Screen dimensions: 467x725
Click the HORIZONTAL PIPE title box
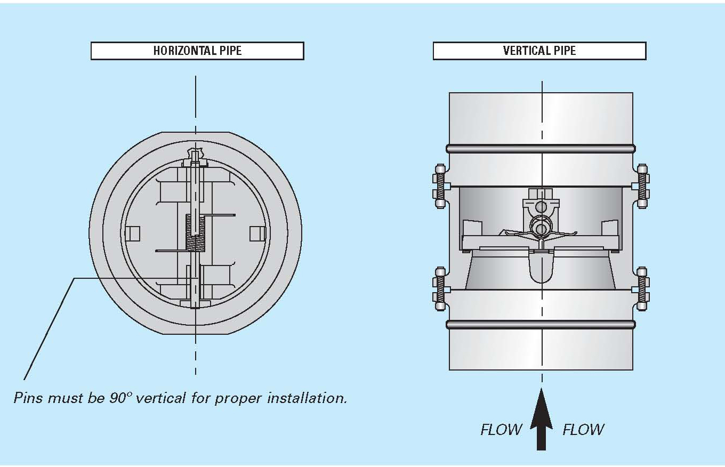pos(197,51)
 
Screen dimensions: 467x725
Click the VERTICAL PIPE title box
pos(539,51)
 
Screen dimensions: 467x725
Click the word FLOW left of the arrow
pos(501,430)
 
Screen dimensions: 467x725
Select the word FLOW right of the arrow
pos(583,430)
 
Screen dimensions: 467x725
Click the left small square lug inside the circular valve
pos(133,233)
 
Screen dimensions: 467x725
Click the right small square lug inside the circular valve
pos(258,233)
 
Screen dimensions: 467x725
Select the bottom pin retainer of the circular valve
pos(195,304)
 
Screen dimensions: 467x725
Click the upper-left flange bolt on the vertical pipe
pos(440,186)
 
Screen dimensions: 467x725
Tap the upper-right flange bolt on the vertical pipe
pos(642,186)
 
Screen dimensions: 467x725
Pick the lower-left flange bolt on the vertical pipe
pos(440,288)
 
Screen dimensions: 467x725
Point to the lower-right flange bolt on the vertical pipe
pos(642,288)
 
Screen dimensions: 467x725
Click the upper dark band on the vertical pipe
pos(541,149)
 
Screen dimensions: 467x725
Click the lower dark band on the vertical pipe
pos(541,324)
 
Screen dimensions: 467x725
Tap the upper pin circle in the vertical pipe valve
pos(541,207)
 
